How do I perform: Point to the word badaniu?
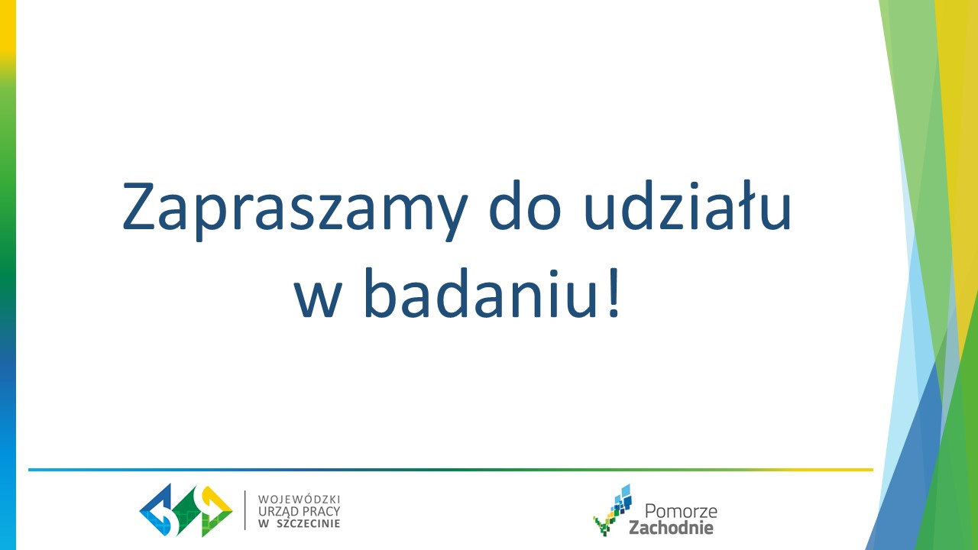click(481, 293)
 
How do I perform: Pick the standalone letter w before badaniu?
click(317, 299)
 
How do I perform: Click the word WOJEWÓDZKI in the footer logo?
click(299, 499)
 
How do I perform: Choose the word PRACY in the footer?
click(321, 511)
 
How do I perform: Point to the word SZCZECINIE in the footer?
click(308, 523)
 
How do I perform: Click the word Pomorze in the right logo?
click(681, 511)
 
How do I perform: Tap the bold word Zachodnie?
click(671, 527)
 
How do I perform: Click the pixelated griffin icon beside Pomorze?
click(612, 510)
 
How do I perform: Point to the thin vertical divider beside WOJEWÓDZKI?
click(245, 510)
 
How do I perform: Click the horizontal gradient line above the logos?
click(451, 470)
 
